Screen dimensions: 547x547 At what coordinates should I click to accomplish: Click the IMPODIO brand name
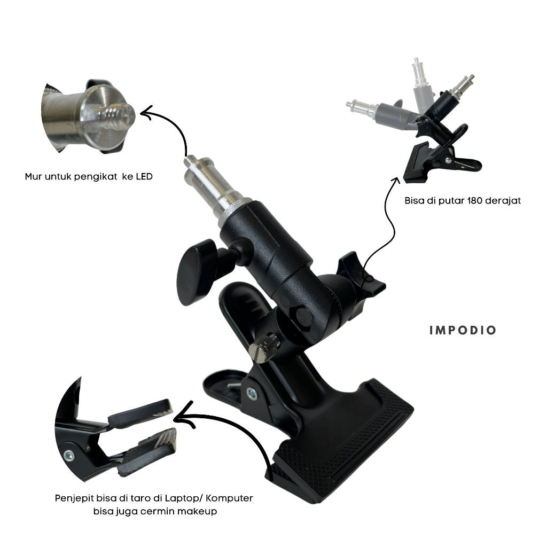coord(463,331)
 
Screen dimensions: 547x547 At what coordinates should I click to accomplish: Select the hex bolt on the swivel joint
coord(304,316)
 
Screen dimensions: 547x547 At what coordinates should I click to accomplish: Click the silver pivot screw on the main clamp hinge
coord(251,394)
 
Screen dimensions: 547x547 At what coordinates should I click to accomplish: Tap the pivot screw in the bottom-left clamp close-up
coord(68,455)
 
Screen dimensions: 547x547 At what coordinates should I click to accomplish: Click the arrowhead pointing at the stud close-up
coord(146,112)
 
